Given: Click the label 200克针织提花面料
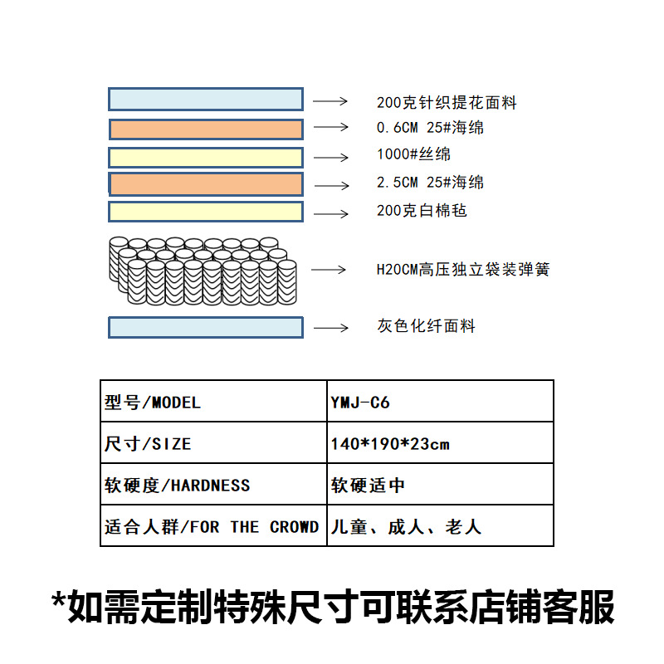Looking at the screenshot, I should tap(447, 103).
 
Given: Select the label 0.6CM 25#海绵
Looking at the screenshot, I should tap(430, 128).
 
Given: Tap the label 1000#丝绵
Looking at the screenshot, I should tap(413, 154).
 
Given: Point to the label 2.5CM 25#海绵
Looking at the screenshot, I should tap(430, 183).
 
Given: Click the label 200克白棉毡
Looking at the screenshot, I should tap(422, 211).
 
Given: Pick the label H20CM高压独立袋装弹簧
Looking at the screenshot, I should tap(462, 270).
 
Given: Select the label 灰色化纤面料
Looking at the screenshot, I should tap(426, 326).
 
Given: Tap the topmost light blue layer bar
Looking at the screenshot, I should tap(206, 100).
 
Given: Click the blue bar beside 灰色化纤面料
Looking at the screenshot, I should tap(206, 327).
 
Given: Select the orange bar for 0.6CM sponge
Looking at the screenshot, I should tap(206, 129).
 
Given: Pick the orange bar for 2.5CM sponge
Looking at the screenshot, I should tap(206, 183).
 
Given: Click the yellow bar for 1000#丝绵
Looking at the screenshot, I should tap(206, 157).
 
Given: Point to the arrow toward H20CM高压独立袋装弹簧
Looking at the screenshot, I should tap(329, 270).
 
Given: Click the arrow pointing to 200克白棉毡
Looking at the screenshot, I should tap(331, 213).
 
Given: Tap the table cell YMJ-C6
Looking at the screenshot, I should tap(360, 403).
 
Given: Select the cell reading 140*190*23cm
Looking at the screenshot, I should tap(390, 444).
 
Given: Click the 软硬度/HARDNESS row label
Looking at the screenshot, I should tap(178, 486).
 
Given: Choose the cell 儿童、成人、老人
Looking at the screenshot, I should tap(406, 527).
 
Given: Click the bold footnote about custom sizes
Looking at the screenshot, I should tap(332, 607).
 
